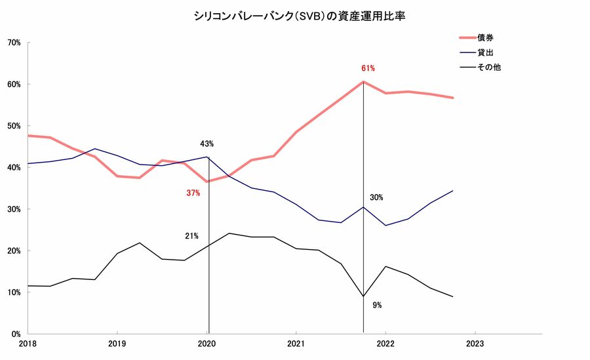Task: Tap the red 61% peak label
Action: (368, 68)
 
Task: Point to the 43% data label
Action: (207, 144)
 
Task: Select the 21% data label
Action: (191, 235)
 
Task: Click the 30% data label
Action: (376, 197)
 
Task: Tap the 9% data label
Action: (377, 305)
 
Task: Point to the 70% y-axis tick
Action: (14, 43)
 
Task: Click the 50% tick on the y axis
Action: (14, 126)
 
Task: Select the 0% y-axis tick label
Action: (16, 334)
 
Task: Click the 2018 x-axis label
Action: (28, 343)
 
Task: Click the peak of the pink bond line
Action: (363, 82)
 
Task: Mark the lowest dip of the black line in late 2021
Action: (363, 296)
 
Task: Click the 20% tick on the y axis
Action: (14, 250)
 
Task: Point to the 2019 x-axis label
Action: (117, 343)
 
